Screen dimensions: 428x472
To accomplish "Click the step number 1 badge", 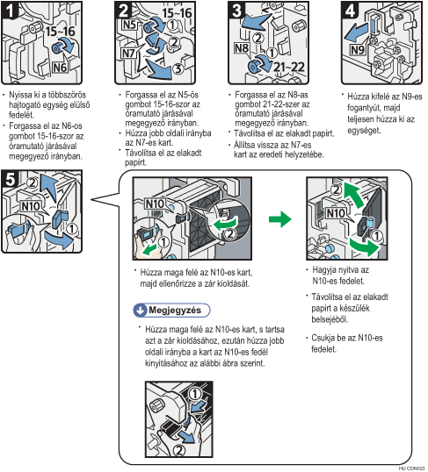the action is [9, 10].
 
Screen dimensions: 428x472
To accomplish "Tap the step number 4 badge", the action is [350, 10].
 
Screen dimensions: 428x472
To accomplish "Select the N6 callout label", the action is [60, 68].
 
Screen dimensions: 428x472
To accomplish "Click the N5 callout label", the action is [129, 25].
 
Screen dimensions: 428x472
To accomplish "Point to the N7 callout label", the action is [128, 54].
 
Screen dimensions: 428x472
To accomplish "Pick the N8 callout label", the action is [242, 48].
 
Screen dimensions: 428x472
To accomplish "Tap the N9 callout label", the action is [358, 49].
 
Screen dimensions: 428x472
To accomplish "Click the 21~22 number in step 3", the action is [289, 67].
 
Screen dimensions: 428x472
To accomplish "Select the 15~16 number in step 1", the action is [60, 31].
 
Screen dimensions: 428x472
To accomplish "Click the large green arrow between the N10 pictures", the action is [279, 219].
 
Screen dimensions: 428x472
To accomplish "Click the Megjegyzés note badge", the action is [171, 310].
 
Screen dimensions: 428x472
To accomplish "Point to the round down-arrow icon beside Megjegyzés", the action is [140, 311].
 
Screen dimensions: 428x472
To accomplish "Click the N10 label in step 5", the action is [31, 206].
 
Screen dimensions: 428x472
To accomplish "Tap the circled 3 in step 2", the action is [178, 68].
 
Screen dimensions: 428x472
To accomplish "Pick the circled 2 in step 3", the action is [258, 39].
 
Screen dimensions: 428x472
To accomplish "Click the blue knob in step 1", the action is [57, 48].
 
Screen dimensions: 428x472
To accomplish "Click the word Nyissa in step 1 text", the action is [20, 95].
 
